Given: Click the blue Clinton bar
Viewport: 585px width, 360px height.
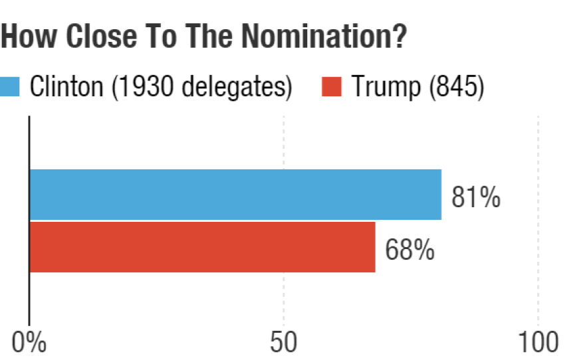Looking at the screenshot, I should point(235,194).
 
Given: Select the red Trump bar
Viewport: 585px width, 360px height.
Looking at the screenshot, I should point(202,247).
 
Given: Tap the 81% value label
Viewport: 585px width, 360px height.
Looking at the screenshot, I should point(476,198).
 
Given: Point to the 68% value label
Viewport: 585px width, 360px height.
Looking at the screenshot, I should point(409,251).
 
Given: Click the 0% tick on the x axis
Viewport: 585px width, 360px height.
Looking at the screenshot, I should point(29,343).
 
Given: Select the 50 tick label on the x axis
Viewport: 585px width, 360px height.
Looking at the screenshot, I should point(284,343).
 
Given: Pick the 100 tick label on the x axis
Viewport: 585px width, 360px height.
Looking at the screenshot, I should point(537,343).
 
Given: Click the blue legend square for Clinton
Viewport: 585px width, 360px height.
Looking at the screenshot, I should point(11,86).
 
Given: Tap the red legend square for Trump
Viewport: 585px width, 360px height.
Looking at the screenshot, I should point(331,86).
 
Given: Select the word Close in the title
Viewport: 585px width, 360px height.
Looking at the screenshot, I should point(92,37).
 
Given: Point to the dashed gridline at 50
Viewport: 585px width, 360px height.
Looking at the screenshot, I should point(284,292).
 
